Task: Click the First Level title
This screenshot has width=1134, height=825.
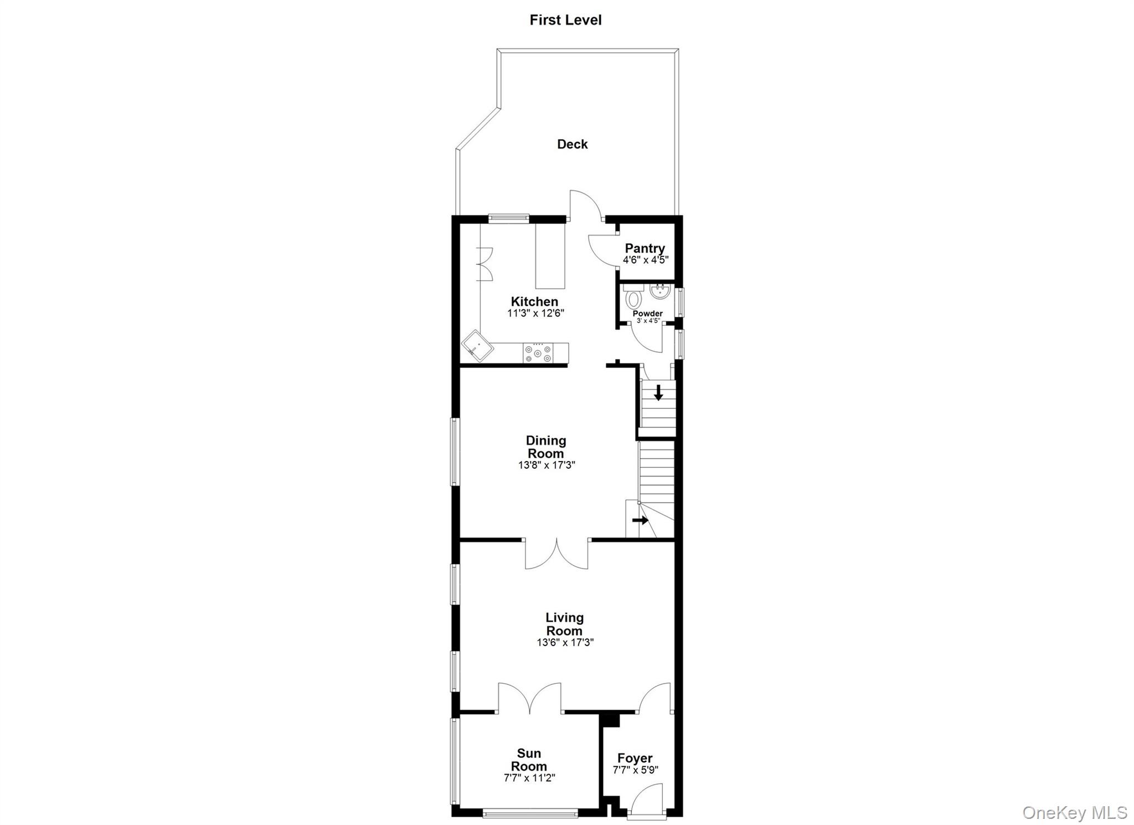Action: (565, 20)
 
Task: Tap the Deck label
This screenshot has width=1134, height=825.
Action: (572, 144)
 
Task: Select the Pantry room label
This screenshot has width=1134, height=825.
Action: (645, 248)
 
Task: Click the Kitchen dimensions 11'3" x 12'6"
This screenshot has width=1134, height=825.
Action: (535, 313)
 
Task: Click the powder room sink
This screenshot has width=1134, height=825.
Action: (661, 291)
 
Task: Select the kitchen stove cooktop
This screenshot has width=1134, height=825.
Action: (538, 353)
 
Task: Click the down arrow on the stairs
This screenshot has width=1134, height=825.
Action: (658, 393)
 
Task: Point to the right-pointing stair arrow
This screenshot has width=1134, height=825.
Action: (640, 520)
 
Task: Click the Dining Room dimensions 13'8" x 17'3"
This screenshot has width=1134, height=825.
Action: (547, 465)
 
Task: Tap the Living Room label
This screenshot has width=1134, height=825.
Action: (564, 624)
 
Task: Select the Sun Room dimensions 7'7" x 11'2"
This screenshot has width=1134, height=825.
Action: (529, 778)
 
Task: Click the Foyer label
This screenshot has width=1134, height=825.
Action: (635, 758)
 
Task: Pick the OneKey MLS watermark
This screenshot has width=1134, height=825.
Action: (1074, 812)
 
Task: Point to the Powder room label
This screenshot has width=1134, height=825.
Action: (647, 314)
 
